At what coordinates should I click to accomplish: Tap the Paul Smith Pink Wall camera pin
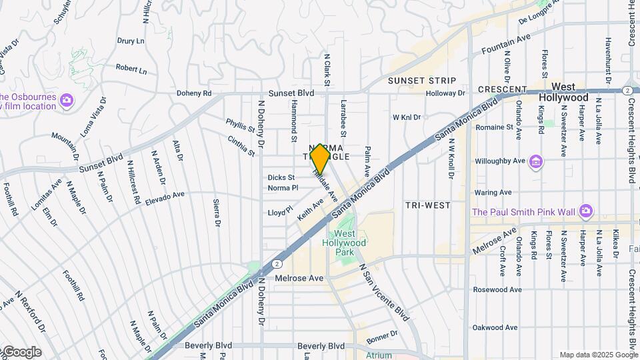[586, 211]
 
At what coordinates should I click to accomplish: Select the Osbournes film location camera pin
[66, 101]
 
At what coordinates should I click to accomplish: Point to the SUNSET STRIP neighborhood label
[422, 81]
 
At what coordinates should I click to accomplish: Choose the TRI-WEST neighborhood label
[427, 205]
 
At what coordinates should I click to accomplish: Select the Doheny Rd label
[194, 94]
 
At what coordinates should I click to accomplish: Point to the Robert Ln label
[131, 68]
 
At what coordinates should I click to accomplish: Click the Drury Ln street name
[131, 41]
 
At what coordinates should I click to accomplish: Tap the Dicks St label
[281, 177]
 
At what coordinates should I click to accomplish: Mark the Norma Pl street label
[283, 188]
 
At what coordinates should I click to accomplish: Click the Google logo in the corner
[21, 352]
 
